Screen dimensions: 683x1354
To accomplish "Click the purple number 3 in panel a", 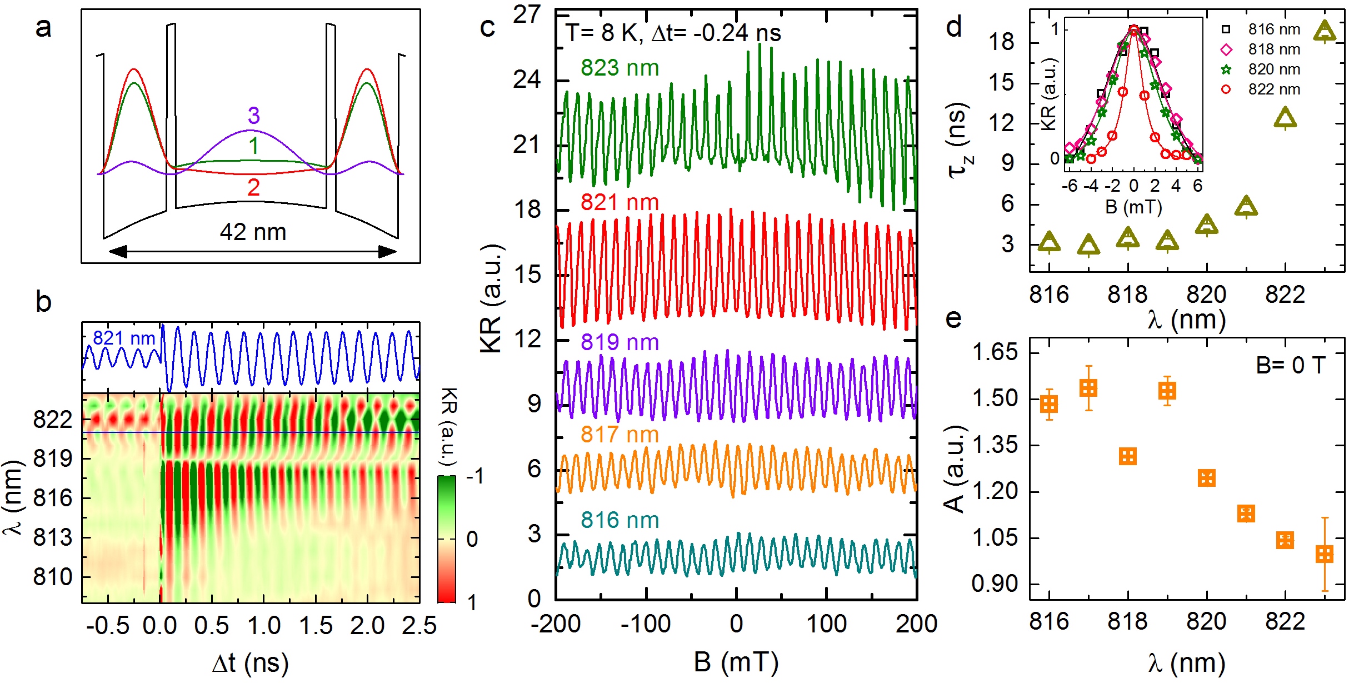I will pyautogui.click(x=253, y=116).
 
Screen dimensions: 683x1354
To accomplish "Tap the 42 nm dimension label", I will pyautogui.click(x=253, y=232).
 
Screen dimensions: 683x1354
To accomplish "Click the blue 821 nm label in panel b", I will pyautogui.click(x=123, y=338).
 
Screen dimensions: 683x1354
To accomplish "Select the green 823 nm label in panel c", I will pyautogui.click(x=619, y=68).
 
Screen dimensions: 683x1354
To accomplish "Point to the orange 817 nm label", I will pyautogui.click(x=619, y=435).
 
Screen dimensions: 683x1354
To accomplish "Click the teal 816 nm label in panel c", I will pyautogui.click(x=619, y=520).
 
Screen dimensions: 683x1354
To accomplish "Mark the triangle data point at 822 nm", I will pyautogui.click(x=1285, y=118).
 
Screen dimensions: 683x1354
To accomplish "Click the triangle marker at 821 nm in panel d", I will pyautogui.click(x=1246, y=206).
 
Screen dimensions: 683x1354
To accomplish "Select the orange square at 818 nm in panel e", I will pyautogui.click(x=1128, y=457).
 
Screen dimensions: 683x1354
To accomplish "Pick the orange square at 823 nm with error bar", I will pyautogui.click(x=1325, y=554).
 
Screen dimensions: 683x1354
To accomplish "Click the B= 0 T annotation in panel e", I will pyautogui.click(x=1290, y=365).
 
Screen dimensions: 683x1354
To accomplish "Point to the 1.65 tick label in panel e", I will pyautogui.click(x=995, y=352).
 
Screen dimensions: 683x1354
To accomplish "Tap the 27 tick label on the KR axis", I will pyautogui.click(x=526, y=15).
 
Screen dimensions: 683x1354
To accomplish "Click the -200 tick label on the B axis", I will pyautogui.click(x=556, y=624).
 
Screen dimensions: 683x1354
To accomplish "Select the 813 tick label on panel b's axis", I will pyautogui.click(x=53, y=538).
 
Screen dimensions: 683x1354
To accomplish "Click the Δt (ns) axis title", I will pyautogui.click(x=250, y=663).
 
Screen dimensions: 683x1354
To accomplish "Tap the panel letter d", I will pyautogui.click(x=953, y=27).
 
